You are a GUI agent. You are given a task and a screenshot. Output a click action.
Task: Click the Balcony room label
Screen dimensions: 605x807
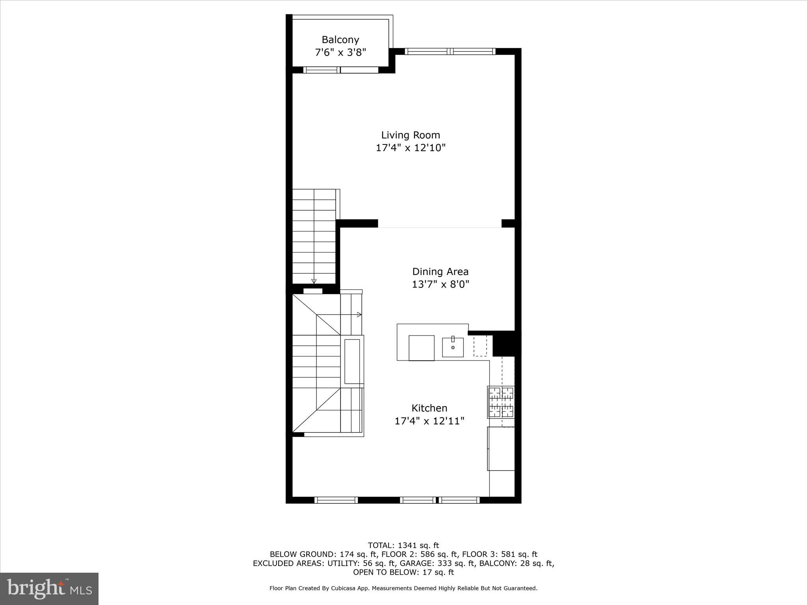point(340,40)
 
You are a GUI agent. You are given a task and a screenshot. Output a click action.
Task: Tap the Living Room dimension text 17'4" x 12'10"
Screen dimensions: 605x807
point(410,148)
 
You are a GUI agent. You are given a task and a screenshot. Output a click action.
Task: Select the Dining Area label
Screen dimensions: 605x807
point(440,272)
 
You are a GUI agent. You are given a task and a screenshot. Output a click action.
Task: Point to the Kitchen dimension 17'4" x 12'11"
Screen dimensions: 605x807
point(429,421)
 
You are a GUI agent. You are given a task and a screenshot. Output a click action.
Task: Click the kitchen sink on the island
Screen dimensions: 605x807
point(453,347)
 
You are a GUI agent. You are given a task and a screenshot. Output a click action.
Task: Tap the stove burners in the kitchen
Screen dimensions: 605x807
point(501,402)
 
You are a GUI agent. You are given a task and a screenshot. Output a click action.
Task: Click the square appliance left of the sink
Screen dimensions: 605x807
point(421,348)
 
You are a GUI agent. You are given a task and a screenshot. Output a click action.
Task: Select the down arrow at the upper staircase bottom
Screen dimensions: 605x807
point(314,281)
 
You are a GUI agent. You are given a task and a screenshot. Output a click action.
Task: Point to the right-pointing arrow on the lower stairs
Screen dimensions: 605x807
point(359,314)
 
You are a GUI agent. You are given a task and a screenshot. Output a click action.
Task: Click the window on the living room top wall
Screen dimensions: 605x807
point(450,51)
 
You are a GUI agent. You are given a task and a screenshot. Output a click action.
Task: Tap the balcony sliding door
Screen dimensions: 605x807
point(341,70)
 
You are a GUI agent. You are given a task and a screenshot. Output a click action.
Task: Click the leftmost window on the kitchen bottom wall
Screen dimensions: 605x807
point(336,500)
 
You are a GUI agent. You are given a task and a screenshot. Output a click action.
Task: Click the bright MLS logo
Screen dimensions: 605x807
point(49,588)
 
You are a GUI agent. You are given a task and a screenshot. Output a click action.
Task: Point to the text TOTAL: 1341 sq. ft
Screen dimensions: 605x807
point(403,546)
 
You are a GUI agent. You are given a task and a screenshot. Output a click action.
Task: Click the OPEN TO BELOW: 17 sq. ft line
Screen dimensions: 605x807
point(403,572)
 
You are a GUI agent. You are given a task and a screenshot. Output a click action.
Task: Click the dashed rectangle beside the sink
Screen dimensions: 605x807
point(480,346)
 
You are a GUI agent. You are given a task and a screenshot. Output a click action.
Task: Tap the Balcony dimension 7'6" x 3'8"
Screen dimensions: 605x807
point(340,52)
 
